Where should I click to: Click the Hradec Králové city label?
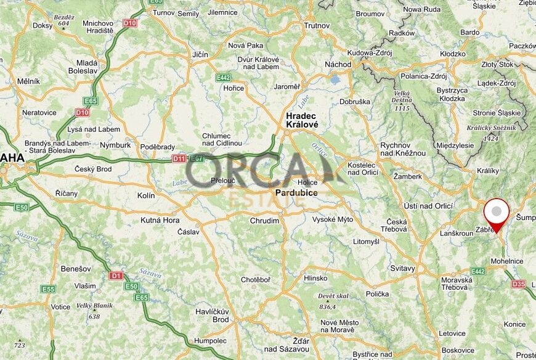pyautogui.click(x=302, y=120)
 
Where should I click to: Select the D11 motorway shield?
pyautogui.click(x=179, y=159)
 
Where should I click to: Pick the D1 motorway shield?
pyautogui.click(x=116, y=276)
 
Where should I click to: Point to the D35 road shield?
pyautogui.click(x=518, y=284)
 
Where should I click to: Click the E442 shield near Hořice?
pyautogui.click(x=223, y=78)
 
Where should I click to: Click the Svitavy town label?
pyautogui.click(x=403, y=269)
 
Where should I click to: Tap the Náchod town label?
pyautogui.click(x=338, y=64)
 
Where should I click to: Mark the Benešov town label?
pyautogui.click(x=76, y=269)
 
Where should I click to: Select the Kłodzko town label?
pyautogui.click(x=453, y=54)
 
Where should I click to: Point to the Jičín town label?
pyautogui.click(x=200, y=55)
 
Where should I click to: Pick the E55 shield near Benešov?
pyautogui.click(x=48, y=288)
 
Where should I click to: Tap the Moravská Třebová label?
pyautogui.click(x=457, y=284)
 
